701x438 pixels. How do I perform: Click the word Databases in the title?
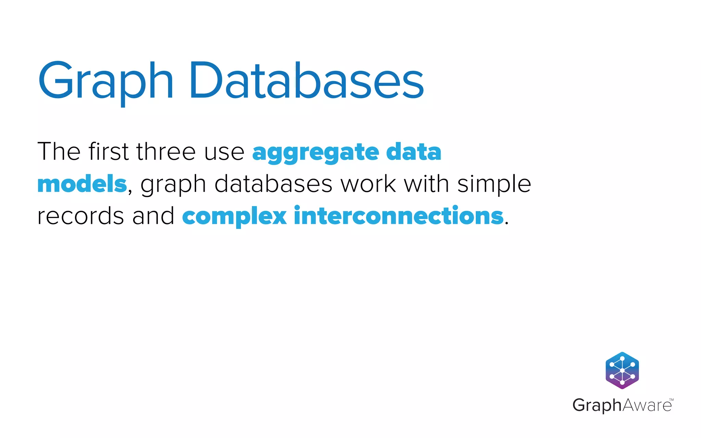tap(306, 82)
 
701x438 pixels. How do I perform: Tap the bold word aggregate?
tap(315, 153)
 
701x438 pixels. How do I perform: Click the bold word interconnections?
tap(399, 216)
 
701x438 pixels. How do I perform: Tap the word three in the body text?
tap(166, 152)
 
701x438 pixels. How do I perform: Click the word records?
tap(80, 217)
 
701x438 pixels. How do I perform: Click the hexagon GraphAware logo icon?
tap(622, 371)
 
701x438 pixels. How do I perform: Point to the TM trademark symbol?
tap(671, 400)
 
